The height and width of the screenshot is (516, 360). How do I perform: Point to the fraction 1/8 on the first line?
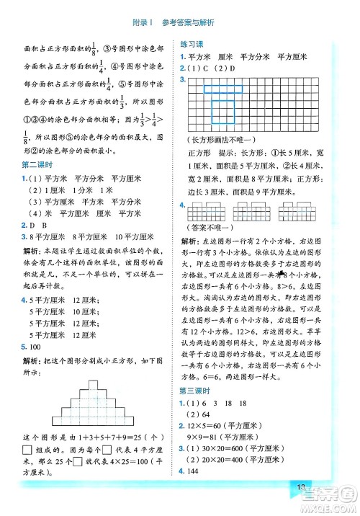(94, 48)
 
